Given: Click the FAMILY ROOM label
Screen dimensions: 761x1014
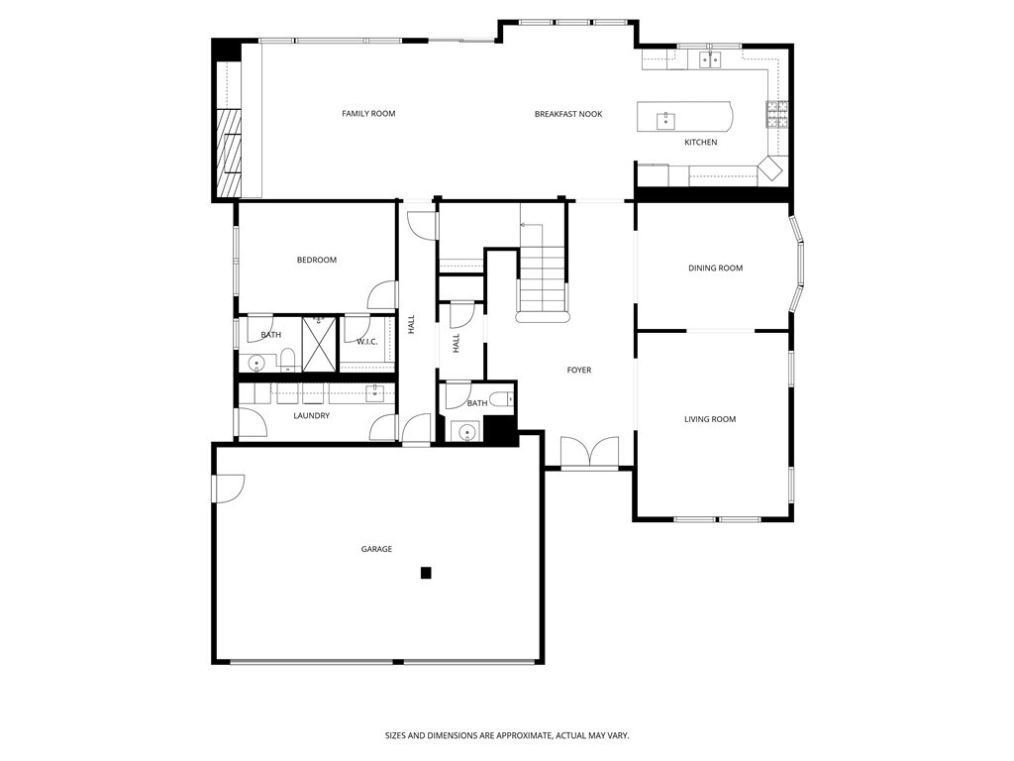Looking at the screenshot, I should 368,114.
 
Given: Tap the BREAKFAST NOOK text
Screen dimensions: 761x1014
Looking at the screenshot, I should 567,114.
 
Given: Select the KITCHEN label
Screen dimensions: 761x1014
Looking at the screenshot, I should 700,143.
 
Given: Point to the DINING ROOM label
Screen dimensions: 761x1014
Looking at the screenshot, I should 715,269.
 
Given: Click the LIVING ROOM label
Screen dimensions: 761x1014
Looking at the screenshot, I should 710,419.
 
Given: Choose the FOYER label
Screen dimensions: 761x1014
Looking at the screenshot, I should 578,371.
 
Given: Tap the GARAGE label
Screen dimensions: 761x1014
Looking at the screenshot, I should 376,549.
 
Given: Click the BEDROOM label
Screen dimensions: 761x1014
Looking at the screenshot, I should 317,261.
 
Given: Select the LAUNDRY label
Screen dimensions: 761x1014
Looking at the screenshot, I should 311,416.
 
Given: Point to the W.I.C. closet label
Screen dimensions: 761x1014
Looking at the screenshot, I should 367,342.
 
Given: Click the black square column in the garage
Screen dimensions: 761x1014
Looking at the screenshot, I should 426,573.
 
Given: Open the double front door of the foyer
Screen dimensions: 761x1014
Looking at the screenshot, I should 589,453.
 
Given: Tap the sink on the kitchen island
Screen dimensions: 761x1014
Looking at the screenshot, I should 666,121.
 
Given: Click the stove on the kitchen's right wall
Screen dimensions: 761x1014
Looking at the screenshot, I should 776,115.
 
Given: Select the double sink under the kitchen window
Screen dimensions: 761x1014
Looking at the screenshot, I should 710,60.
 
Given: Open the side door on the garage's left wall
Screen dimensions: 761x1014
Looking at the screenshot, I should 226,488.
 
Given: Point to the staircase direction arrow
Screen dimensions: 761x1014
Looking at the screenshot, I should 524,226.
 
